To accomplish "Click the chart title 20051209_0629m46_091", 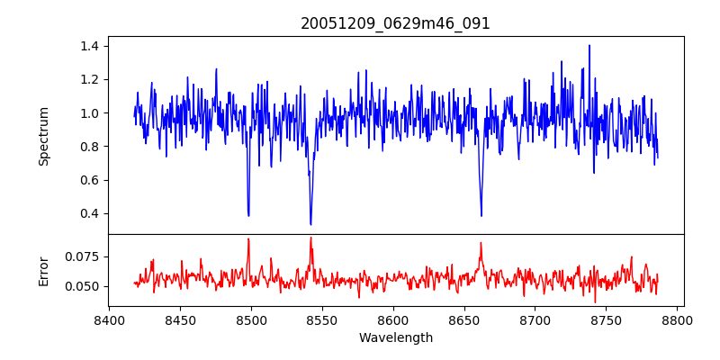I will click(x=395, y=23).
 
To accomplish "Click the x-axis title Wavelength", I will click(x=395, y=338).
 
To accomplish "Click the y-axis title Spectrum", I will click(x=43, y=135).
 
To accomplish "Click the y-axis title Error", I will click(x=43, y=270).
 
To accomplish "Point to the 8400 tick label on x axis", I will click(x=109, y=319).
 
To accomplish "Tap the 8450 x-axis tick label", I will click(x=180, y=319).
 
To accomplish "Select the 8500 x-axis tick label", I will click(x=251, y=319).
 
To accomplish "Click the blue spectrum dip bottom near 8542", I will click(x=310, y=224).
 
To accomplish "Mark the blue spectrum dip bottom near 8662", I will click(x=481, y=215).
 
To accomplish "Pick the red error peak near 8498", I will click(x=248, y=239).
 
